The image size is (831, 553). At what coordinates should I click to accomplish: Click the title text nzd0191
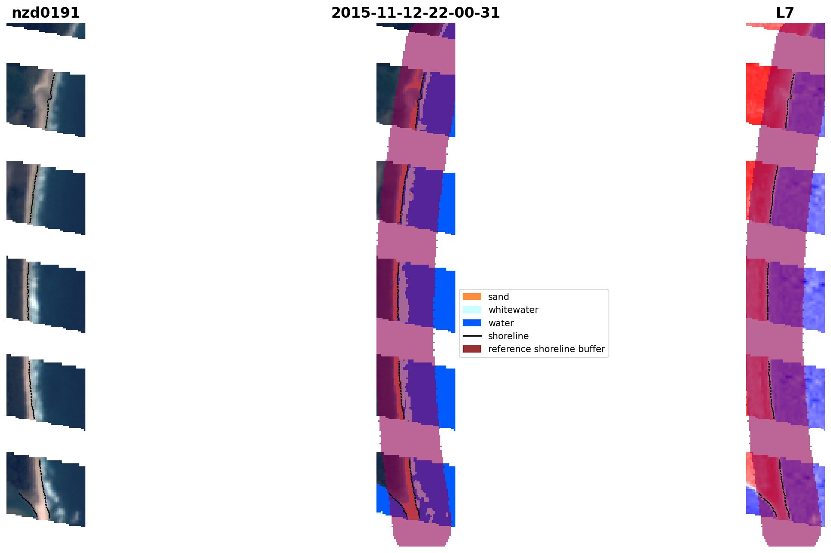(46, 13)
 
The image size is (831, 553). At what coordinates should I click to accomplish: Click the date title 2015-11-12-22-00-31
(415, 13)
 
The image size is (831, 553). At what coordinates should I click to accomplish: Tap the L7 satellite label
(785, 13)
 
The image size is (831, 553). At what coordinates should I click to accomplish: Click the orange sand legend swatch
(472, 297)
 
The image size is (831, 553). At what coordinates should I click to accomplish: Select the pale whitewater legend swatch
(472, 309)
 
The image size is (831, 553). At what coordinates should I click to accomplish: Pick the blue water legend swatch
(472, 323)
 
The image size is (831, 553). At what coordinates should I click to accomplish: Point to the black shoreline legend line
(472, 336)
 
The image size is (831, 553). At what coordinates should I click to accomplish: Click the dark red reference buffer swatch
(472, 349)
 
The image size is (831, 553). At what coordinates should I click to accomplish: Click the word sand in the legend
(499, 297)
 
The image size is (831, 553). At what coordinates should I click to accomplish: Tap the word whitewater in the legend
(513, 310)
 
